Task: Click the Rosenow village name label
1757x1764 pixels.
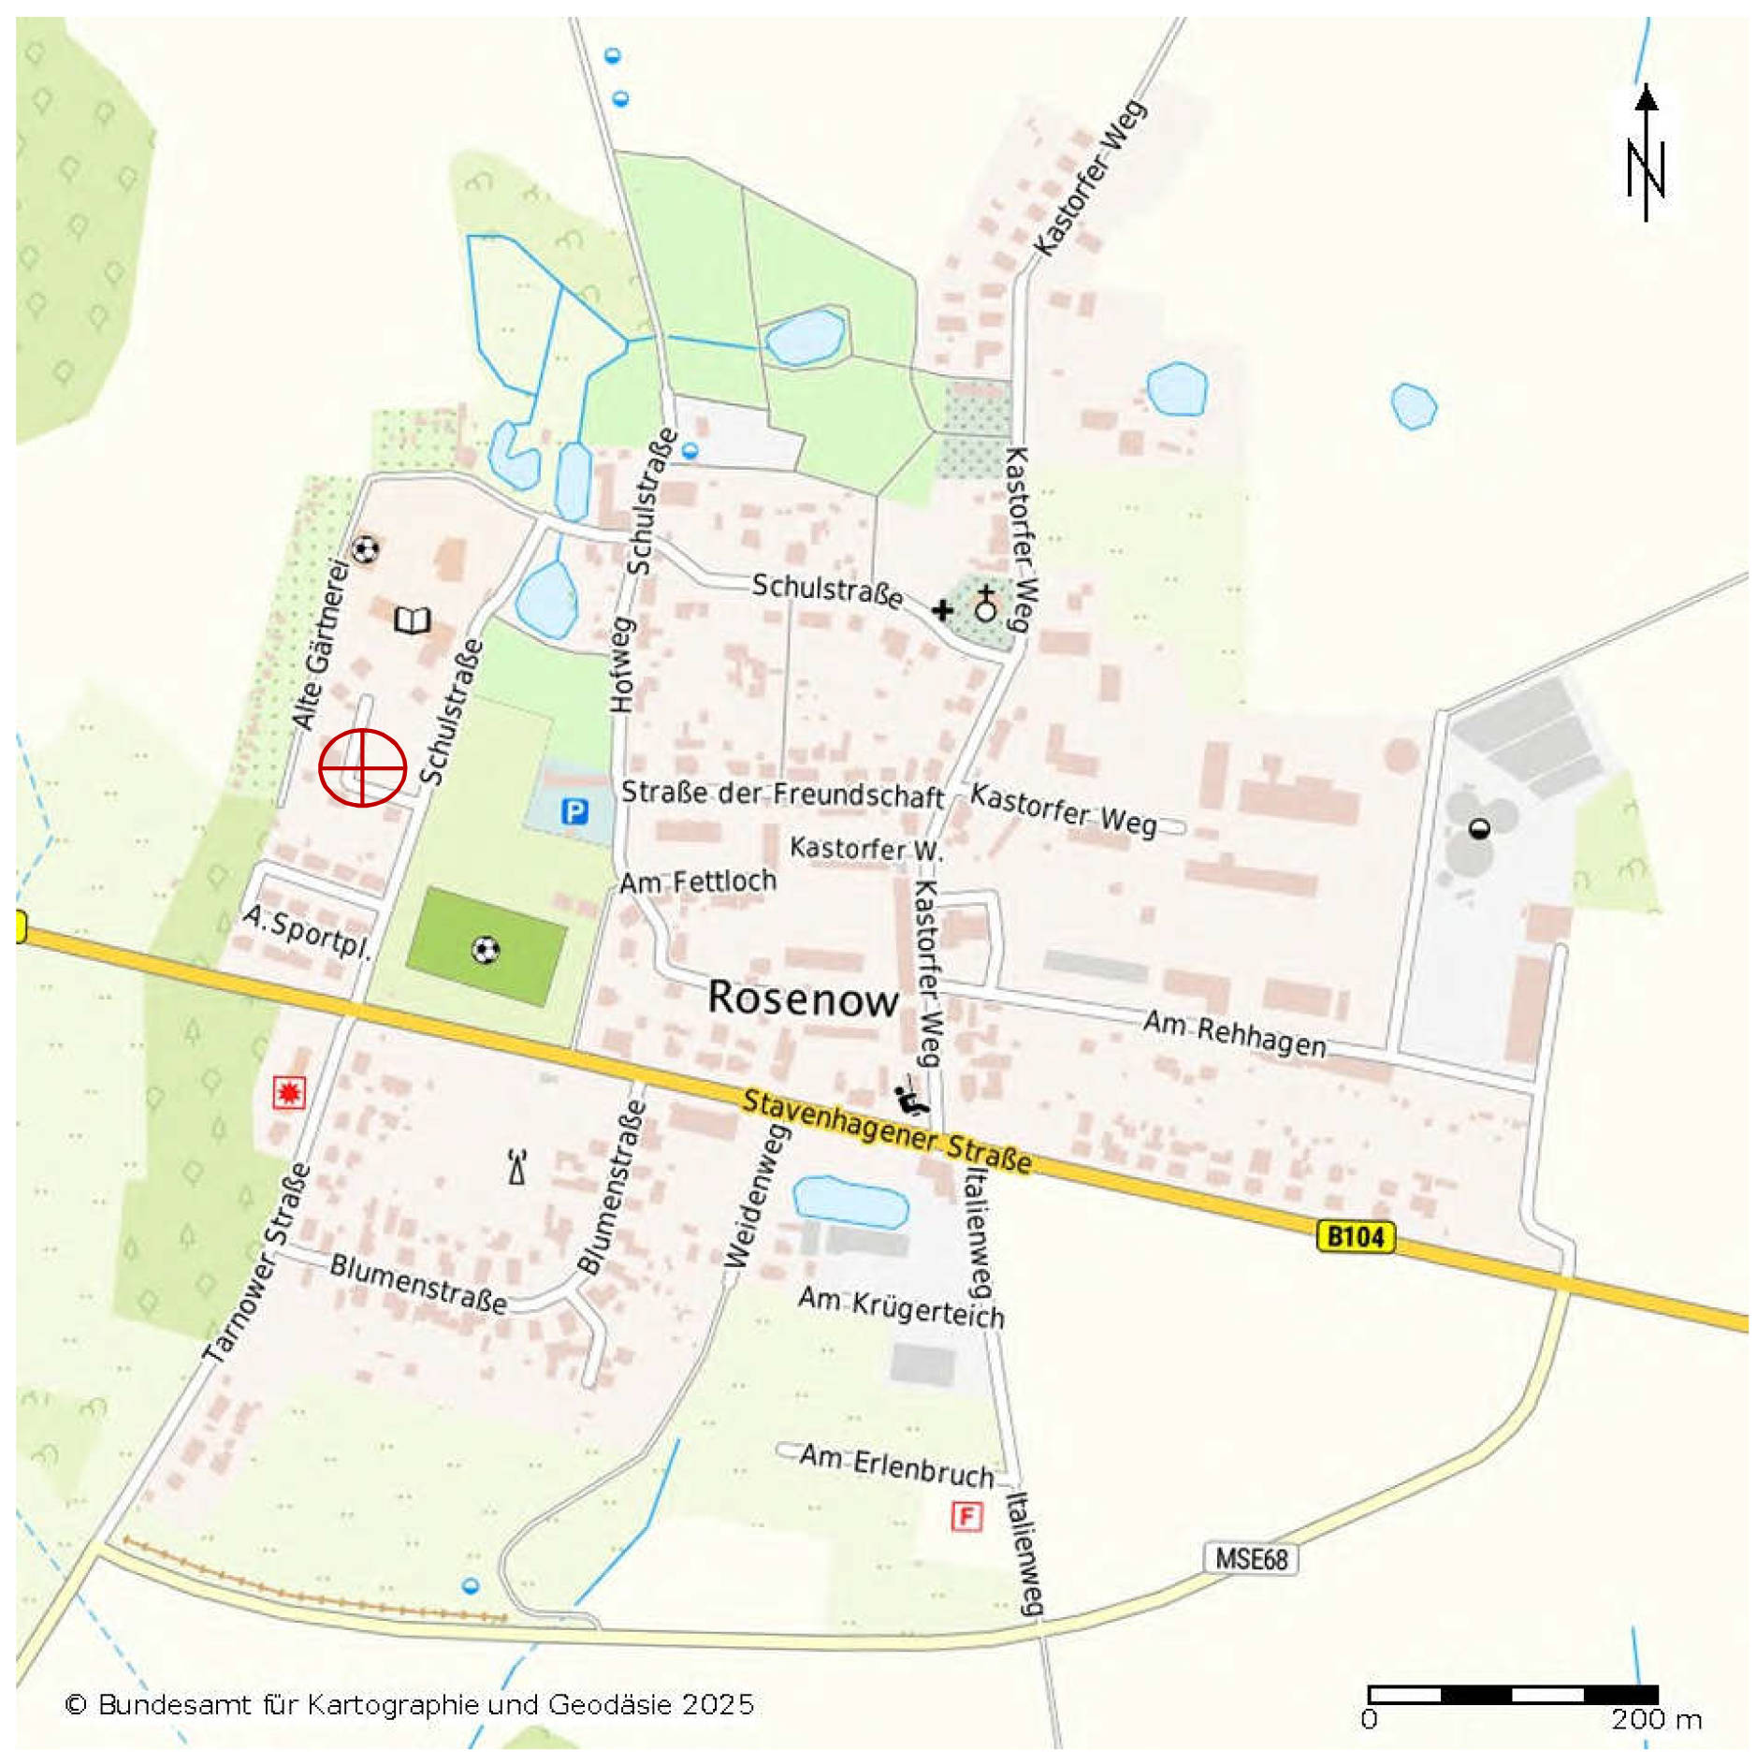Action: [803, 998]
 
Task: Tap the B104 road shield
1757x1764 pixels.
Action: [1355, 1236]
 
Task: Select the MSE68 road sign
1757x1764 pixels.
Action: [1250, 1559]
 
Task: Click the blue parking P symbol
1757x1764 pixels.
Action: [574, 811]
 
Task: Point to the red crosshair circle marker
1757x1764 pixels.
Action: [362, 767]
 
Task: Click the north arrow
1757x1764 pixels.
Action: [1646, 154]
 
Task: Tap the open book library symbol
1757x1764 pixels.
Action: [412, 620]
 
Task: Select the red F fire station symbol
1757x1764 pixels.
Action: [966, 1515]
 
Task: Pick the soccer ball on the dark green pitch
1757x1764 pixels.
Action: [485, 951]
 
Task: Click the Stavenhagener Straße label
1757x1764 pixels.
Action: [887, 1130]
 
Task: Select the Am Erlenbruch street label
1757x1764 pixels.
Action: [896, 1465]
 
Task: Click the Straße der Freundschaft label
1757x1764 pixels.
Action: [782, 795]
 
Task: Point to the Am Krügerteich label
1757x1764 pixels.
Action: [901, 1306]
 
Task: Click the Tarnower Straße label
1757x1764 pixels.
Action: [257, 1261]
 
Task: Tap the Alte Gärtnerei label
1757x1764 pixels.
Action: [320, 645]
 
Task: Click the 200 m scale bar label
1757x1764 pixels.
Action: [1655, 1719]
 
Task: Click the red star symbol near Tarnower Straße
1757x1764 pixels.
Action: [288, 1092]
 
